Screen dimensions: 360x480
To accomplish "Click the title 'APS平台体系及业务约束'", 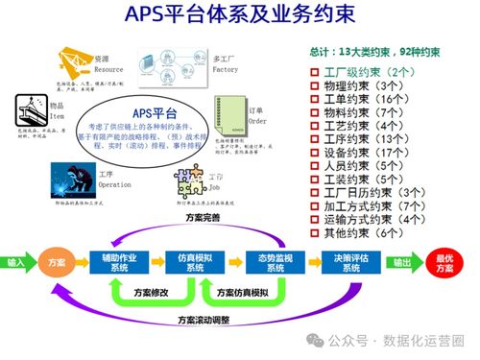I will (x=240, y=16).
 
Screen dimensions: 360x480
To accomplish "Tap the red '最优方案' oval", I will (x=444, y=262).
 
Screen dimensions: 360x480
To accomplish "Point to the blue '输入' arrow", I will (x=17, y=261).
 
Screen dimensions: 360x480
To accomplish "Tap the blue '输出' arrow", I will (x=403, y=262).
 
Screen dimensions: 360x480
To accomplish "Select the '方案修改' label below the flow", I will (x=152, y=292).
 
